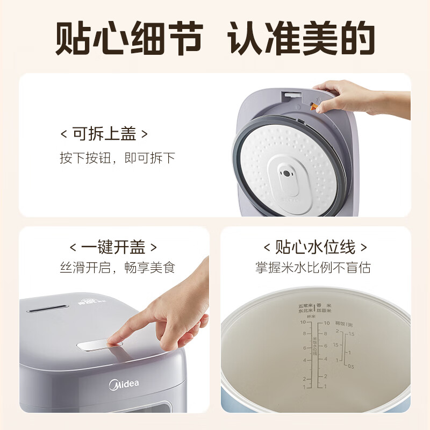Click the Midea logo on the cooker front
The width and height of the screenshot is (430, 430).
pos(124,384)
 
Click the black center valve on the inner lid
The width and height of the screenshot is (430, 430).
pos(287,175)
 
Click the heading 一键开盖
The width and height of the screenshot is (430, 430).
pos(113,247)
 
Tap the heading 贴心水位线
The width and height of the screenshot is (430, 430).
pos(316,247)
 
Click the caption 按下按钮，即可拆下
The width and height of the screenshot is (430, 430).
pos(117,158)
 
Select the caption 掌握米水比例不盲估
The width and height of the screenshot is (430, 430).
pos(313,268)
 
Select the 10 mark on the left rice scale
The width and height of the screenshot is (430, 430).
pos(303,324)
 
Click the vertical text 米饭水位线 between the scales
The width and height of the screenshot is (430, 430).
pos(315,349)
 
